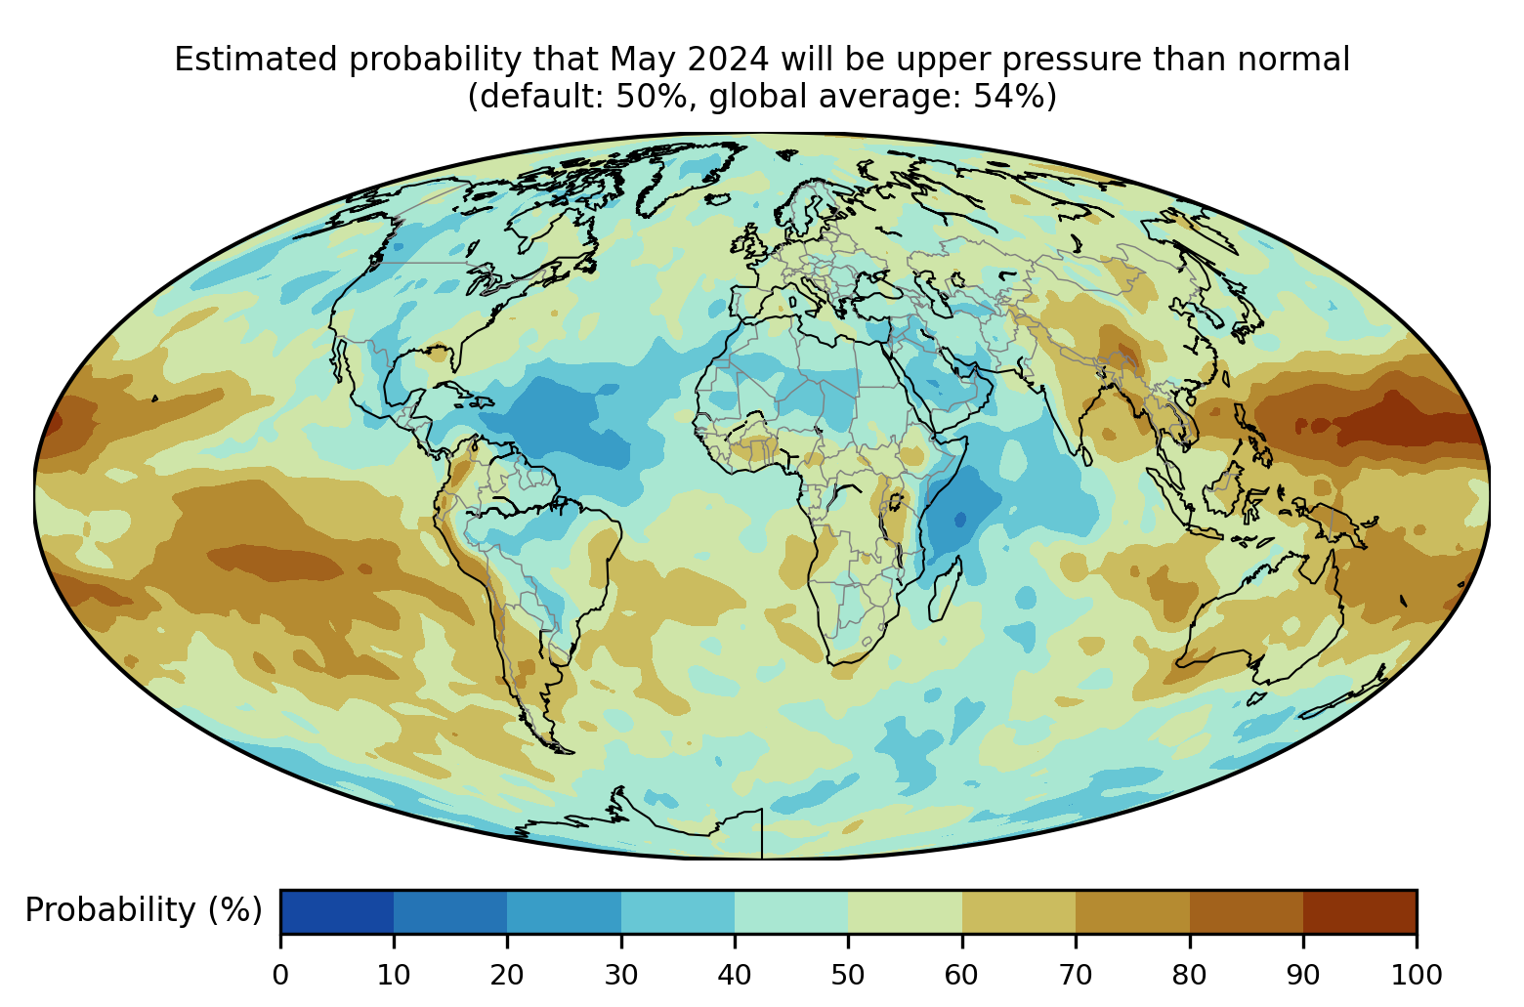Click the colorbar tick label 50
[848, 976]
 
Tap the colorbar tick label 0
[280, 976]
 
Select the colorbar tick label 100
[1417, 976]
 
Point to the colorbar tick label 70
[1075, 976]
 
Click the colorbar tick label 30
[621, 976]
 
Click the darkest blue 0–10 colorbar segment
[337, 911]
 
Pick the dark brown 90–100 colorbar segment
[1360, 911]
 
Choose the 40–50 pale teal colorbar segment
[791, 911]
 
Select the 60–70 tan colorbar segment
[1019, 911]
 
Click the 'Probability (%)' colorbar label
[144, 910]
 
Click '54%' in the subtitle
[1006, 97]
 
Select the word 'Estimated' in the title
[256, 60]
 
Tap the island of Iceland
[716, 199]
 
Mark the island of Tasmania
[1257, 698]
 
